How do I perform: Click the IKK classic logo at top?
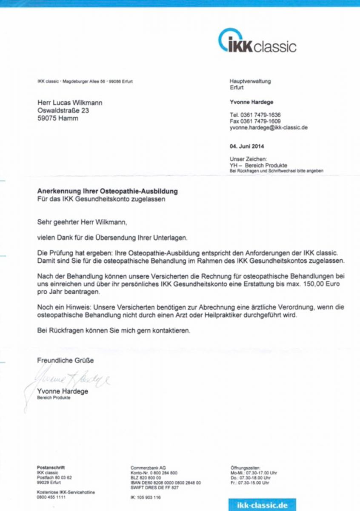[257, 42]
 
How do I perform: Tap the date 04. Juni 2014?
[247, 147]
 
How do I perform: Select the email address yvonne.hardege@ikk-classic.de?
[269, 127]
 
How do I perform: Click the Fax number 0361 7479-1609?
[255, 121]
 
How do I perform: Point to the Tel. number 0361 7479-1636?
[255, 115]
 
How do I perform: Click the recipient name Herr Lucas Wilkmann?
[70, 103]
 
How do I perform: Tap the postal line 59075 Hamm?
[58, 118]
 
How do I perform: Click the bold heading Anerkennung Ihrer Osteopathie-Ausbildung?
[107, 191]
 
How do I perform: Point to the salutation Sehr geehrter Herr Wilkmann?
[82, 222]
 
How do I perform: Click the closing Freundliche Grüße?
[65, 360]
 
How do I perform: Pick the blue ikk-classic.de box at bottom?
[261, 505]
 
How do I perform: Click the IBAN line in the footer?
[166, 483]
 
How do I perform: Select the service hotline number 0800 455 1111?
[51, 497]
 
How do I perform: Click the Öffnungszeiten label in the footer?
[245, 468]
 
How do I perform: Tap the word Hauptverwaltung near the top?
[250, 81]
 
